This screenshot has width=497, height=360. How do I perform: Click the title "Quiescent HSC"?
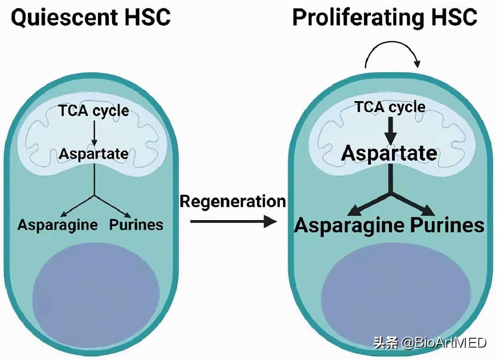(x=91, y=18)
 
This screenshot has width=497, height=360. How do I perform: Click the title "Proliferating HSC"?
(x=384, y=18)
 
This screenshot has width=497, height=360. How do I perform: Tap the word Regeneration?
(x=233, y=201)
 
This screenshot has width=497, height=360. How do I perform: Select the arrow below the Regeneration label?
(x=233, y=221)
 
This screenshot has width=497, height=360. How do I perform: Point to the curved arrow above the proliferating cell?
(x=392, y=58)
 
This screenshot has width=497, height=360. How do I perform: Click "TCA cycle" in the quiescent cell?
(x=94, y=111)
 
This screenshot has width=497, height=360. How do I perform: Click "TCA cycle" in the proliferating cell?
(x=390, y=107)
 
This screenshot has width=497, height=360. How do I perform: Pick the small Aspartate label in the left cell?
(x=94, y=154)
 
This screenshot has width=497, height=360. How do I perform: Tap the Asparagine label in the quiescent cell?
(x=58, y=225)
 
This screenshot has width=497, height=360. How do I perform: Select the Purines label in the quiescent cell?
(x=136, y=225)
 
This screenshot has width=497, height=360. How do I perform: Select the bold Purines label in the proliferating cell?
(x=447, y=225)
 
